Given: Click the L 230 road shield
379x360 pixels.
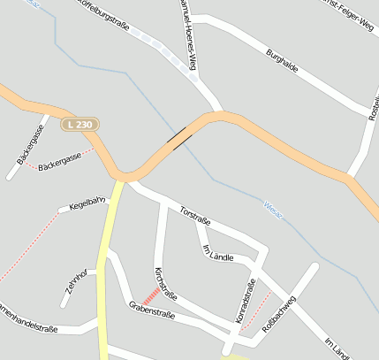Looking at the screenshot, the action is (80, 126).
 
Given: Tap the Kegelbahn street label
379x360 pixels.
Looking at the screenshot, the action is (87, 205).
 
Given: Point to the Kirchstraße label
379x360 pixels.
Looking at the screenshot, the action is (165, 281).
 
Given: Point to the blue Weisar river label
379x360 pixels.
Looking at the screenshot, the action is (274, 209).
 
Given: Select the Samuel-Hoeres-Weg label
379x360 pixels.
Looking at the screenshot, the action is (187, 35).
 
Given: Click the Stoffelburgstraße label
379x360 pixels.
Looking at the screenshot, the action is (106, 14).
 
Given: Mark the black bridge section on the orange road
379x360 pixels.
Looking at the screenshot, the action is (182, 134).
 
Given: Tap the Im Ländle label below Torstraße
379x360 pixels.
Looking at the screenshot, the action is (218, 253).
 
